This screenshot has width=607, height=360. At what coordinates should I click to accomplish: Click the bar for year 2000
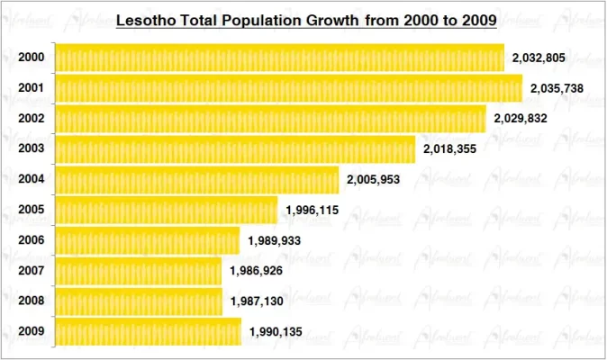click(279, 58)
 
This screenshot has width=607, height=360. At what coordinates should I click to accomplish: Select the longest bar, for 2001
click(288, 88)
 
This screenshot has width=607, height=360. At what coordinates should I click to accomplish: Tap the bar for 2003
click(235, 149)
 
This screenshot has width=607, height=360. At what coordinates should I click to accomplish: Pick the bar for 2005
click(167, 211)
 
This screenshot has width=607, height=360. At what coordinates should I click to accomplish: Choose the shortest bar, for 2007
click(138, 271)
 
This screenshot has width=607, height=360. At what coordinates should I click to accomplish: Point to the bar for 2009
click(148, 331)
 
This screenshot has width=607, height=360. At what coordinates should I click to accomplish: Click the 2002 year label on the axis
click(31, 119)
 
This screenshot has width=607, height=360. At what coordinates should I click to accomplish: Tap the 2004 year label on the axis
click(31, 179)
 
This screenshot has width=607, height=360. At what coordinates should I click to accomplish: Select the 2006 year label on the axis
click(31, 240)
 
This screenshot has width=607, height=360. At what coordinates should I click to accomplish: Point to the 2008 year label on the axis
click(31, 301)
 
